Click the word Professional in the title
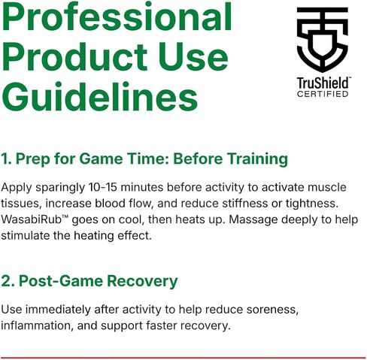pos(117,17)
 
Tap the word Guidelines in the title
pos(100,96)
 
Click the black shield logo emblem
pos(323,39)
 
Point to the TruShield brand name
pos(323,83)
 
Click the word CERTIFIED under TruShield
pos(323,94)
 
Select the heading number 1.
pos(6,159)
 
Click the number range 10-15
pos(103,187)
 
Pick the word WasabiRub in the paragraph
pos(32,219)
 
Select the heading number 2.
pos(8,281)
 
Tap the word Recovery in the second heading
pos(142,281)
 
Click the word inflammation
pos(37,325)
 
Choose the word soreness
pos(272,310)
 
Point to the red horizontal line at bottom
pos(183,358)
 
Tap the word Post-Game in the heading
pos(61,281)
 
